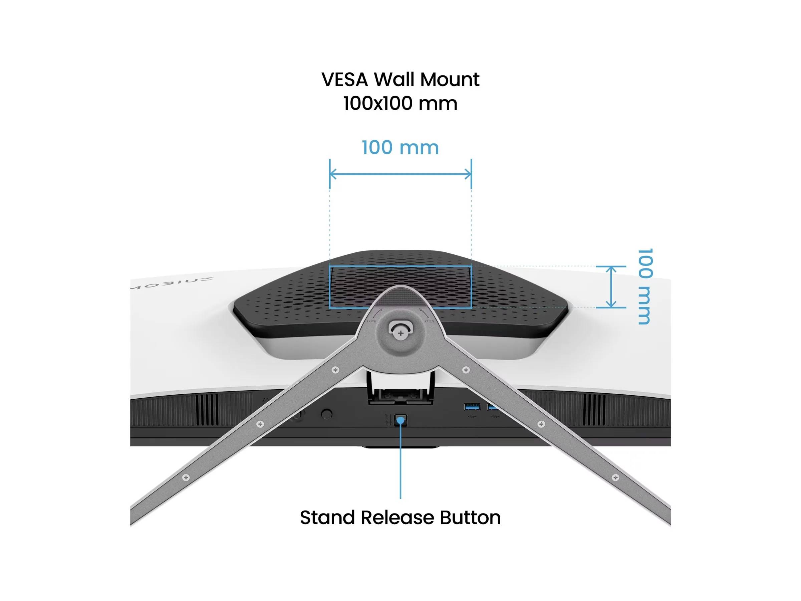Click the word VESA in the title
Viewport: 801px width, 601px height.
click(x=344, y=79)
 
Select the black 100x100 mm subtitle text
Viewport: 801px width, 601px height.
click(x=400, y=104)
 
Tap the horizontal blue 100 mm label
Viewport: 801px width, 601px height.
click(x=400, y=148)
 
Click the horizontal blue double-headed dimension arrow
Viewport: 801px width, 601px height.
click(x=400, y=175)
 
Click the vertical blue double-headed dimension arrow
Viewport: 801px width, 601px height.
click(x=611, y=287)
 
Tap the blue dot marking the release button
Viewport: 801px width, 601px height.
click(x=400, y=420)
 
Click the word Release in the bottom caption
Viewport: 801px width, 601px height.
click(x=399, y=518)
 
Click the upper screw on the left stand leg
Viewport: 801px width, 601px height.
click(x=336, y=370)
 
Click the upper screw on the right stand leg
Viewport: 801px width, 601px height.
click(x=466, y=370)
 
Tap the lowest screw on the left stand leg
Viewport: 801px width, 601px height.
click(x=186, y=477)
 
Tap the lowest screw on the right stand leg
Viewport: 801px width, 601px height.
click(x=615, y=477)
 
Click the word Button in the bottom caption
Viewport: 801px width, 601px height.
click(x=470, y=518)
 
